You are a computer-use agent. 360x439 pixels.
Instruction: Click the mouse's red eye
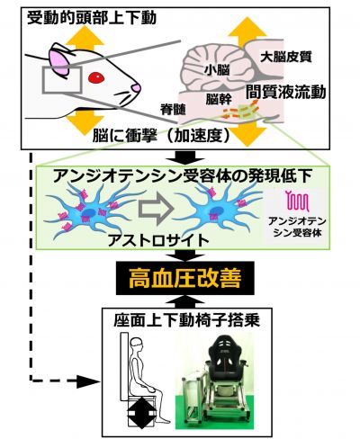pos(96,78)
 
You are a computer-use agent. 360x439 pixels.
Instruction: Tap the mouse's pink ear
pos(59,62)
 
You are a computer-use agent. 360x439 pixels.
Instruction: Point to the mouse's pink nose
pos(136,88)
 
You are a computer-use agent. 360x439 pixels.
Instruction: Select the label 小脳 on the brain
pos(217,70)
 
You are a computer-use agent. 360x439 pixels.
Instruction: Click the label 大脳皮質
pos(286,57)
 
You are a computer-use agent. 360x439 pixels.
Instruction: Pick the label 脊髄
pos(173,110)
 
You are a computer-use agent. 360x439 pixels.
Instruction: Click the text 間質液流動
pos(286,92)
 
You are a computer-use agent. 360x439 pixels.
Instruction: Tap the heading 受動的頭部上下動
pos(92,18)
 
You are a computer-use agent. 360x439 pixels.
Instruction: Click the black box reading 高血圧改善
pos(185,278)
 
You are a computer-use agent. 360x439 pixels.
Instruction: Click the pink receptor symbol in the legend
pos(297,200)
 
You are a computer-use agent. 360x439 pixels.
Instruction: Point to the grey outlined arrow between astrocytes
pos(156,210)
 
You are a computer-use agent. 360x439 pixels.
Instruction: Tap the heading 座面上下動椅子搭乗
pos(186,321)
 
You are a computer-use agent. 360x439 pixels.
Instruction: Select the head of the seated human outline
pos(137,345)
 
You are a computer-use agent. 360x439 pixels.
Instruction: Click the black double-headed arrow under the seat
pos(141,413)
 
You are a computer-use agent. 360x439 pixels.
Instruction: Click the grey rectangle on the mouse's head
pos(62,80)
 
